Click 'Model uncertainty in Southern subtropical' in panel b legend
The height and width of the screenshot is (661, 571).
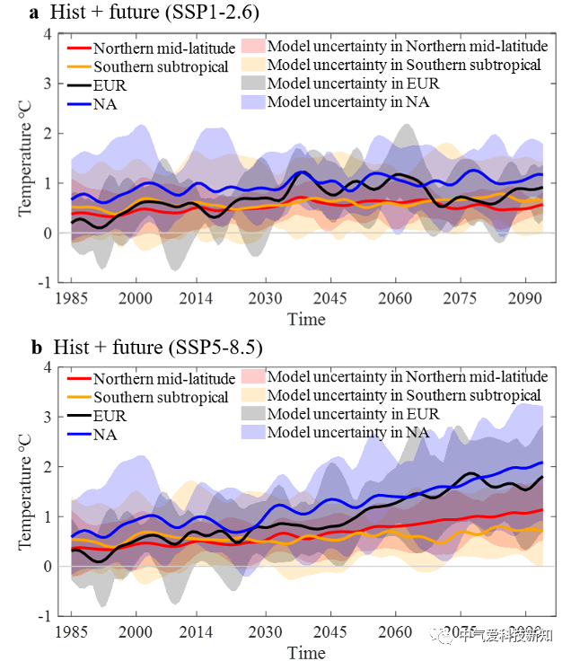[404, 395]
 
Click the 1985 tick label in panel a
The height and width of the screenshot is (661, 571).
[72, 299]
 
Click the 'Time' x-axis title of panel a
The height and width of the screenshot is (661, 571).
[306, 319]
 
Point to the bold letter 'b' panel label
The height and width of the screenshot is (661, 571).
[35, 347]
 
